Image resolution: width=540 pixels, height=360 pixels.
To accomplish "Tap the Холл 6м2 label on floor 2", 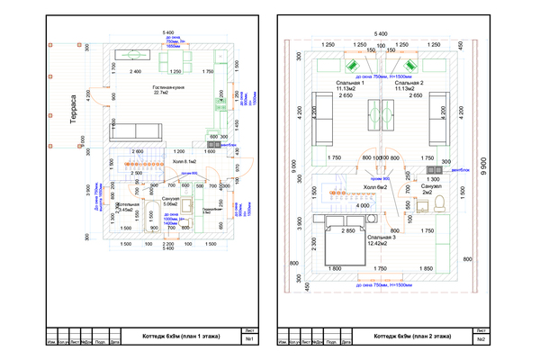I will [369, 187].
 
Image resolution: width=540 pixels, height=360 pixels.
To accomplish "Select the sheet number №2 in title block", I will [482, 339].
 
